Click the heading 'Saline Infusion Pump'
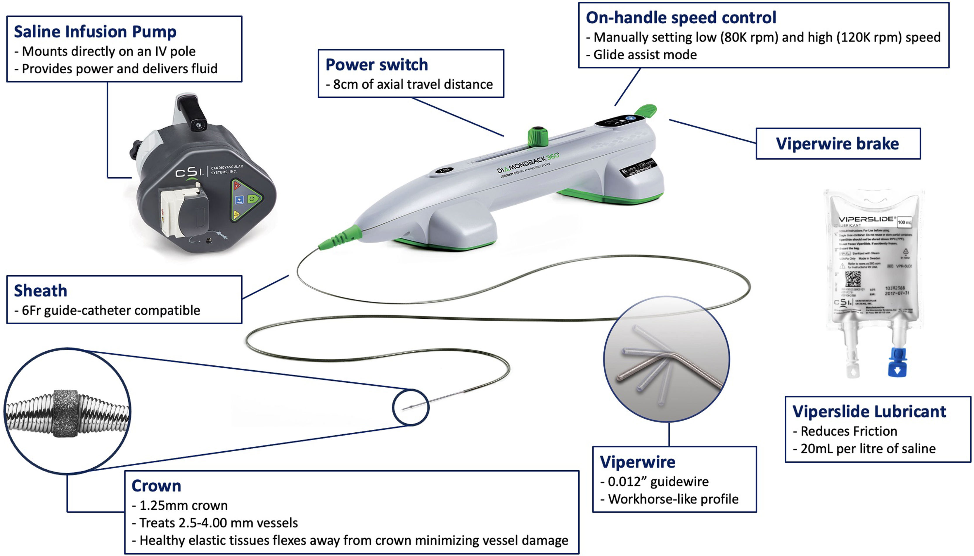click(x=95, y=32)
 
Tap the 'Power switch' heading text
click(x=376, y=65)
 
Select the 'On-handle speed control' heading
click(x=681, y=18)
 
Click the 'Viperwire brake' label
click(x=837, y=144)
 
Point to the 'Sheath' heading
click(x=40, y=291)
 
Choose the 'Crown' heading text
click(x=156, y=486)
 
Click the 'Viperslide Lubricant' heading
click(x=869, y=411)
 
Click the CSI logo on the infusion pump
click(x=188, y=172)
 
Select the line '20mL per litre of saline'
click(x=868, y=448)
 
